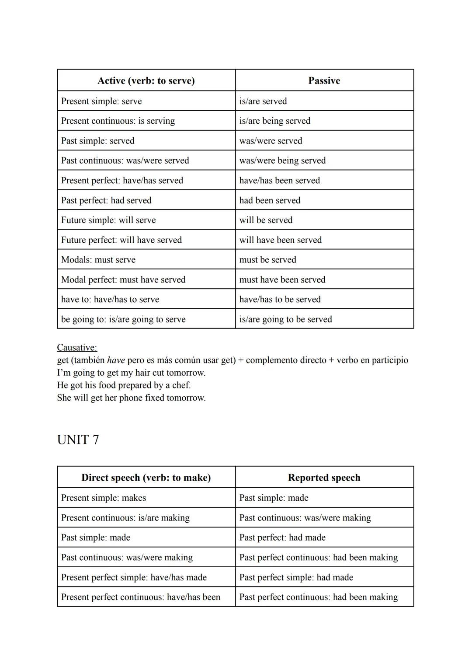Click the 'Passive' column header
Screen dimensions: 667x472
(x=324, y=80)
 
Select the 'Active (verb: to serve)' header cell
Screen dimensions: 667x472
(x=146, y=80)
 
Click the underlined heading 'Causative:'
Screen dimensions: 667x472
(x=77, y=347)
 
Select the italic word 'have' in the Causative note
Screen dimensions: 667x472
(x=116, y=360)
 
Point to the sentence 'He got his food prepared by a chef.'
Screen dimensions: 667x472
(x=124, y=385)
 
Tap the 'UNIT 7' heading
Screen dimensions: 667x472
(x=78, y=440)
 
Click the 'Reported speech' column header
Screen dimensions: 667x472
(x=324, y=478)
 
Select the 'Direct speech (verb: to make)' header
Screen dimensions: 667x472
(x=146, y=478)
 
